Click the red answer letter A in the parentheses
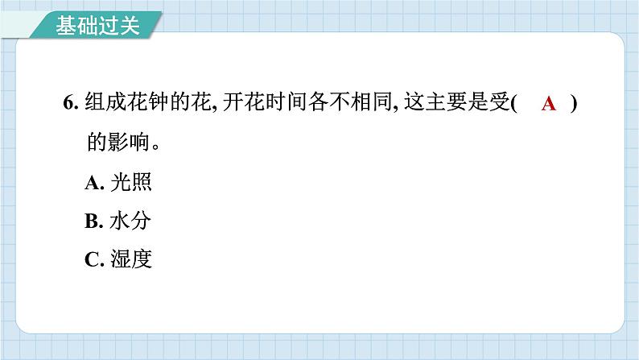coord(549,104)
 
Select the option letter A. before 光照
coord(94,183)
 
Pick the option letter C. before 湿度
coord(94,259)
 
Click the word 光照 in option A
coord(134,183)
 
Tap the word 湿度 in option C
coord(134,259)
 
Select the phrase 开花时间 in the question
coord(262,104)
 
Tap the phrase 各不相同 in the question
coord(344,104)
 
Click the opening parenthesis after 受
coord(513,104)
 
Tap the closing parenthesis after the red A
coord(574,104)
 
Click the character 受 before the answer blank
coord(500,104)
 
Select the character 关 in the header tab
coord(129,26)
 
